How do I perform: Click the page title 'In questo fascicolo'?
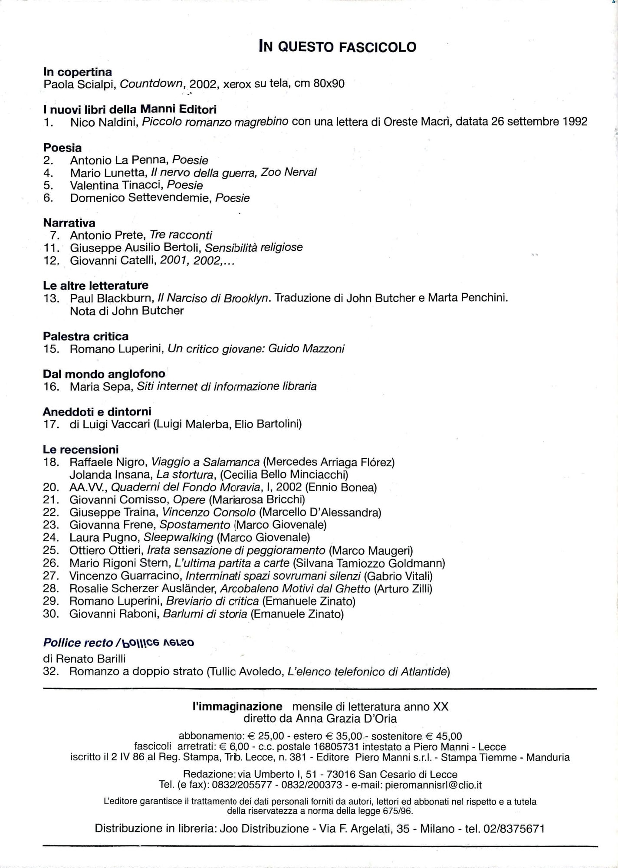[337, 46]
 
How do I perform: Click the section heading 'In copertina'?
[77, 72]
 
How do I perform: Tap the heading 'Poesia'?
[62, 148]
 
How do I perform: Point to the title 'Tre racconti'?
[181, 235]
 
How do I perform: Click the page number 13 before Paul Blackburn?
[51, 298]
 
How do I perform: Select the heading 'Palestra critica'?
[85, 336]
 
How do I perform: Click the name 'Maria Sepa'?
[101, 386]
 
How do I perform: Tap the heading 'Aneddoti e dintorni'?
[97, 411]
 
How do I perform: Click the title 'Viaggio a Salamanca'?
[205, 462]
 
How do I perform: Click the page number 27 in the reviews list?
[51, 576]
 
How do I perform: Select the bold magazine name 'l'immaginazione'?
[237, 707]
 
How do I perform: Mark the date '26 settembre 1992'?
[539, 122]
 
